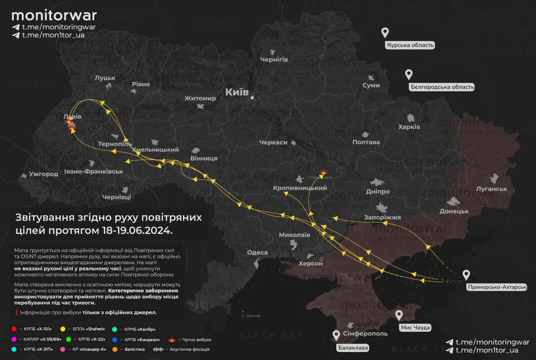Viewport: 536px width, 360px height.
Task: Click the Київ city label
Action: coord(237,92)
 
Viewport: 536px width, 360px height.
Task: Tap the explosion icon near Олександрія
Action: coord(323,172)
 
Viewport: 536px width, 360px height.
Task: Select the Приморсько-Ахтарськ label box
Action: coord(496,287)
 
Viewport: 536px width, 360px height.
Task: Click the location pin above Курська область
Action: coord(385,33)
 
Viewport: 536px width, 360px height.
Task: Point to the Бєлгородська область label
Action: coord(442,87)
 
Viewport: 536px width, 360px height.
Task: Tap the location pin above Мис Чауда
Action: coord(399,315)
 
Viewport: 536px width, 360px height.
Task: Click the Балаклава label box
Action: coord(353,348)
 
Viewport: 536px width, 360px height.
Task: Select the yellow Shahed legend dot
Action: coord(63,329)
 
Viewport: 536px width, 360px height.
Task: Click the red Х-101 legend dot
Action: coord(14,329)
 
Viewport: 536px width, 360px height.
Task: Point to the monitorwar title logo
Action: coord(54,16)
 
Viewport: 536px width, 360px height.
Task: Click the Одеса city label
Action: coord(257,252)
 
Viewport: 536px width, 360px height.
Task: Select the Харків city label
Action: coord(409,127)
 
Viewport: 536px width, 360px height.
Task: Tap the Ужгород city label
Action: coord(44,174)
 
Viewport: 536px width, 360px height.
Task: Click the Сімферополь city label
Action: coord(365,334)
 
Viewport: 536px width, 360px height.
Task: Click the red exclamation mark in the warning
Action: coord(16,312)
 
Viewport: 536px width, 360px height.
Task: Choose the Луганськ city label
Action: coord(491,189)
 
